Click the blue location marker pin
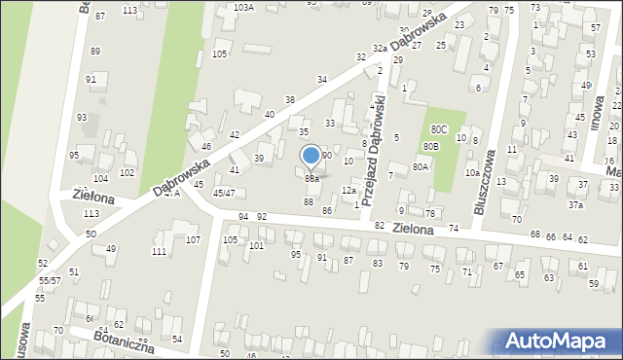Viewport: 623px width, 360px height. click(311, 156)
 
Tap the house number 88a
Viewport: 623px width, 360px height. click(311, 179)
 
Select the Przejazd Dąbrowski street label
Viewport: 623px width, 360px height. click(380, 148)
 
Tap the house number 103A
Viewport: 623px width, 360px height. click(244, 7)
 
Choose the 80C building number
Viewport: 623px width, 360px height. click(439, 128)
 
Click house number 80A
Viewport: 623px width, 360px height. click(421, 166)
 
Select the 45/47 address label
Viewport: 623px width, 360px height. click(223, 194)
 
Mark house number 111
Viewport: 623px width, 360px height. click(160, 252)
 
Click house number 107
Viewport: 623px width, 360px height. click(193, 239)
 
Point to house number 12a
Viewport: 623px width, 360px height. click(348, 191)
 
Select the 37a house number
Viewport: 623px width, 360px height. click(576, 205)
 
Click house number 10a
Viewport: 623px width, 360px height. click(471, 173)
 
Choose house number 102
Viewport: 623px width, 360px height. click(128, 172)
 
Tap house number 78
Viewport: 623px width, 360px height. click(429, 212)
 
